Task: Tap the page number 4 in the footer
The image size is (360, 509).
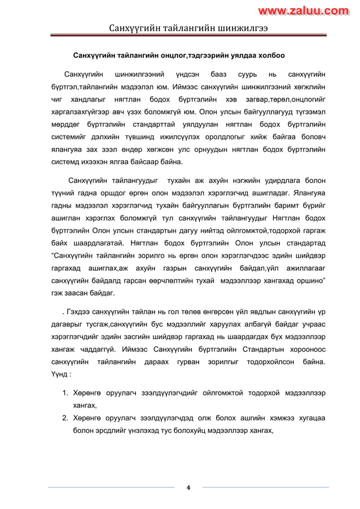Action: coord(188,488)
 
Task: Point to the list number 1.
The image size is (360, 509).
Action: coord(65,393)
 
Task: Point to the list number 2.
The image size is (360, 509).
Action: coord(65,418)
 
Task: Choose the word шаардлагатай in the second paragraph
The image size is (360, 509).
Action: coord(93,243)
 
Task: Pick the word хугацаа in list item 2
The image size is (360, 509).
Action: coord(310,418)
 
